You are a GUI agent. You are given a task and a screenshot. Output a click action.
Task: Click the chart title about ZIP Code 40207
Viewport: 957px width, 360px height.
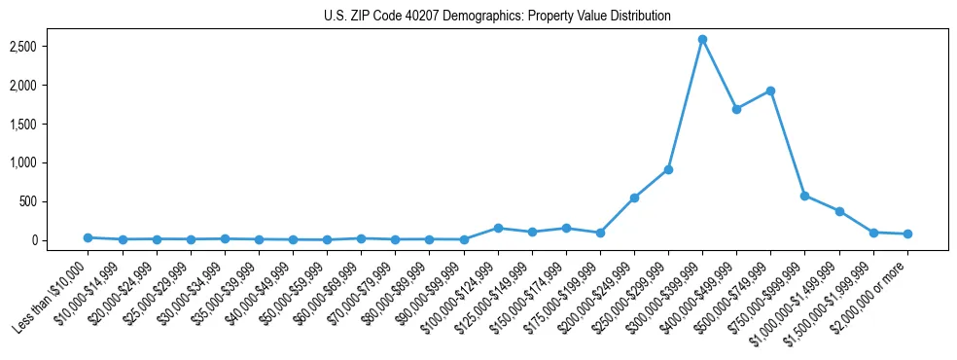pos(497,17)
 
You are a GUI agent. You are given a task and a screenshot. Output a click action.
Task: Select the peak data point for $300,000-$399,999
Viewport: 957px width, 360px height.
pos(702,39)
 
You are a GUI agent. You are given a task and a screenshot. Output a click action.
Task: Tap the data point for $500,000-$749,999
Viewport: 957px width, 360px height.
pos(770,90)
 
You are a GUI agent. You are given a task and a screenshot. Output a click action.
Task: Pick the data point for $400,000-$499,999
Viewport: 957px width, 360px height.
pos(736,109)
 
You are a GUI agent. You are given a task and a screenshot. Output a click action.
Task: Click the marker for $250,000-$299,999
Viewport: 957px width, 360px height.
pos(668,169)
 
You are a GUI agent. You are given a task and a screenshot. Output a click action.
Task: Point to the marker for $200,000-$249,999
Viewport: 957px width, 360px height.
pos(634,198)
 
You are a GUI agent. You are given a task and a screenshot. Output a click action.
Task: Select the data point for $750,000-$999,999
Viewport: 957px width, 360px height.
pos(804,196)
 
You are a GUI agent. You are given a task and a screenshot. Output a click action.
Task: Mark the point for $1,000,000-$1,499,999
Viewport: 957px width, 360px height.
pos(838,211)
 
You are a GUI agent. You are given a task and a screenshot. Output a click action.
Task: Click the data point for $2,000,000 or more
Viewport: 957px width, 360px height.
pos(907,234)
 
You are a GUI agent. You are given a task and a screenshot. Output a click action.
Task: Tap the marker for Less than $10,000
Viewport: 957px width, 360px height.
pos(88,237)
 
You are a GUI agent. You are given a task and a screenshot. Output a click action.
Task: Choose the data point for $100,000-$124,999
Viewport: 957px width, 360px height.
pos(498,228)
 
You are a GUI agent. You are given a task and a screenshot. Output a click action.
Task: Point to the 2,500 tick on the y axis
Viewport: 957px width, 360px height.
pos(51,47)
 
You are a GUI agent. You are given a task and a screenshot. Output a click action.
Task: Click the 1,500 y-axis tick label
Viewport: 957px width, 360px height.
pos(51,124)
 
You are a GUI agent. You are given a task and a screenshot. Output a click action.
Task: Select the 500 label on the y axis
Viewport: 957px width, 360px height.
pos(56,201)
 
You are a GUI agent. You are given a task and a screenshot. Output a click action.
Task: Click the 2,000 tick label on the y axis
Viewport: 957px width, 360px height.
pos(51,86)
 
